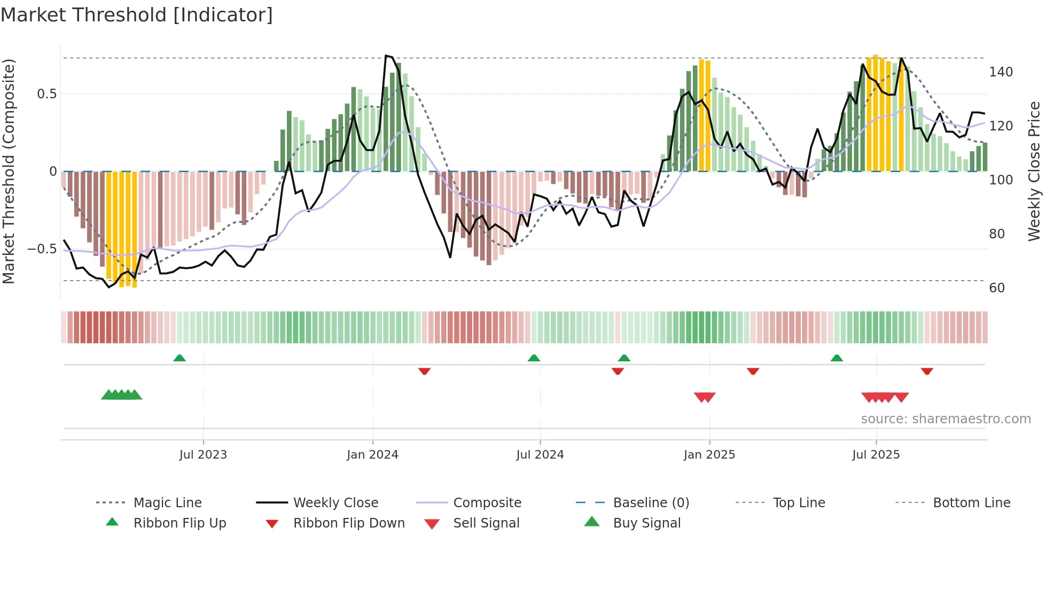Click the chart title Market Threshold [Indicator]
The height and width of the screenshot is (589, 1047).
(x=137, y=15)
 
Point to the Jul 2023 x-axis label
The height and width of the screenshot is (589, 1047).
(x=203, y=455)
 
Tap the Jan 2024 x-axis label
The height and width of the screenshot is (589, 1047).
(x=372, y=455)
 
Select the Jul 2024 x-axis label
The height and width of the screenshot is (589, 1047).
(x=540, y=455)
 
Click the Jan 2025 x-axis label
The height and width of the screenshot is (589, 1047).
(x=709, y=455)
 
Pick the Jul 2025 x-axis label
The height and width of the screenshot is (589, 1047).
(x=876, y=455)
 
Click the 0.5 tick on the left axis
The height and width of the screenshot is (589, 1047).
(x=47, y=94)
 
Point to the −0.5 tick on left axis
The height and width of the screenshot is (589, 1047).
(x=42, y=249)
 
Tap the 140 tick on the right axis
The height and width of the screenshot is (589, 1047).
(x=1001, y=72)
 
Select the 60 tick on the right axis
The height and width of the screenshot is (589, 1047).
(x=997, y=288)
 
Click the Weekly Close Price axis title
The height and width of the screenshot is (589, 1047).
(x=1034, y=171)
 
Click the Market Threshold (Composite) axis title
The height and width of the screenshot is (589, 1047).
(x=9, y=171)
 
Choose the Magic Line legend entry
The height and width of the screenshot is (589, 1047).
(x=167, y=503)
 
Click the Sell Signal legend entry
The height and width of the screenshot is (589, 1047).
(x=486, y=523)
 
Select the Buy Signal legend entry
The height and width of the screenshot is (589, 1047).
(x=646, y=523)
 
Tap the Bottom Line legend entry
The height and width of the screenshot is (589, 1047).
(x=971, y=503)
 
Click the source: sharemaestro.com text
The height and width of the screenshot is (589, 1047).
(x=946, y=419)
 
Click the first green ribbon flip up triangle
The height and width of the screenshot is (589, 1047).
(x=179, y=358)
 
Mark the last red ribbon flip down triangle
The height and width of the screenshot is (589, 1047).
(x=927, y=371)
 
